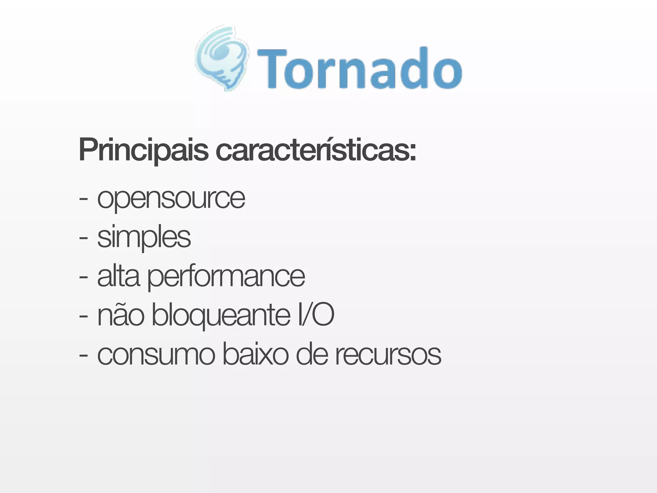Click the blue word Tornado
[359, 69]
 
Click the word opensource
[171, 199]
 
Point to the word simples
[144, 238]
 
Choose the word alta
[118, 276]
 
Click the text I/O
[316, 315]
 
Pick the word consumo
[156, 355]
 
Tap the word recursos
[388, 355]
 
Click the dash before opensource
[83, 200]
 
